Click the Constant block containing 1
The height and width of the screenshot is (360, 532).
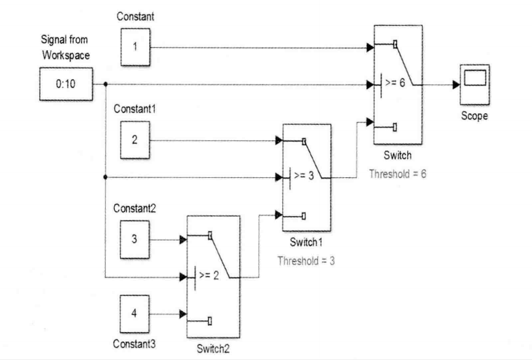[x=135, y=48]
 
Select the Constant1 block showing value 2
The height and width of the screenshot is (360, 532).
[x=135, y=140]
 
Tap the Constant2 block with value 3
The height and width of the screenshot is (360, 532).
[x=135, y=240]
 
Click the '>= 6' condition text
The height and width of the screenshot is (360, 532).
[x=395, y=86]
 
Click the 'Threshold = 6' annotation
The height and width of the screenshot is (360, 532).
[x=397, y=174]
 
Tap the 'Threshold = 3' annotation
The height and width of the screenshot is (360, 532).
[x=306, y=260]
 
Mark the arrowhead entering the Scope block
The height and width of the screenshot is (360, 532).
[x=455, y=86]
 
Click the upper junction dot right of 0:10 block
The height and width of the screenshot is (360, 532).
[x=105, y=85]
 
